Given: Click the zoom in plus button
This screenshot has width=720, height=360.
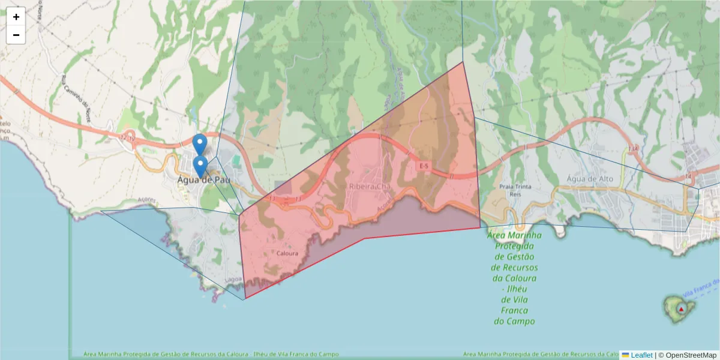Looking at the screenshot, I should [16, 17].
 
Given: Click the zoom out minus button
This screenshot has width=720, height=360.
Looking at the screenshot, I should [16, 35].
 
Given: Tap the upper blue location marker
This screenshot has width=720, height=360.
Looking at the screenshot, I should [200, 145].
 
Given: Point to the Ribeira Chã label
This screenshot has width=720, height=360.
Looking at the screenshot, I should [370, 187].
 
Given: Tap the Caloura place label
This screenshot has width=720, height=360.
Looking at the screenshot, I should [287, 253].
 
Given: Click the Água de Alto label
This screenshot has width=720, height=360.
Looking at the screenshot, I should [592, 179].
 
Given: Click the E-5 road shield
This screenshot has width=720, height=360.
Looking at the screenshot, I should [424, 166].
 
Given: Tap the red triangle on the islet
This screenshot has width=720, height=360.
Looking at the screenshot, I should [681, 309].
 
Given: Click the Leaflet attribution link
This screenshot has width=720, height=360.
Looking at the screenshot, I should [641, 355].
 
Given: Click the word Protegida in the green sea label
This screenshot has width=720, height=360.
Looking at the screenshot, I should [514, 246].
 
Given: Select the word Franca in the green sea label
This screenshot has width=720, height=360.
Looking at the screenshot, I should [514, 311].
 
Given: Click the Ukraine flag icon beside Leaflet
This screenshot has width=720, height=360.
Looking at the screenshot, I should [625, 355].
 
